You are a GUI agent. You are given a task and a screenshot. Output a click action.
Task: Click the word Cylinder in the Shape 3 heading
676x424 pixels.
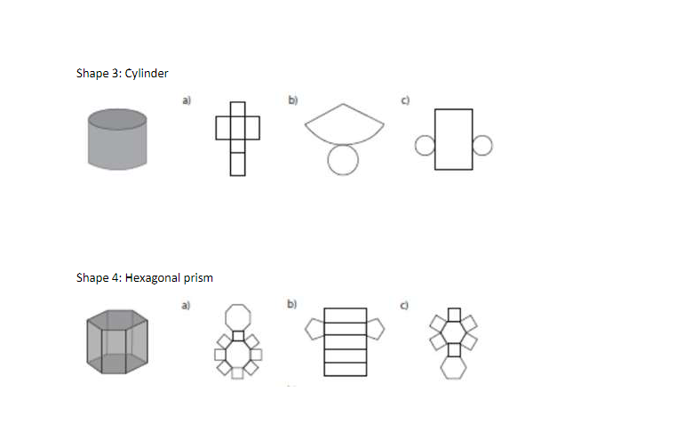[x=147, y=73]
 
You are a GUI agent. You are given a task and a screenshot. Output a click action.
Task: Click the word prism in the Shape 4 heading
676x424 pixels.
[x=198, y=278]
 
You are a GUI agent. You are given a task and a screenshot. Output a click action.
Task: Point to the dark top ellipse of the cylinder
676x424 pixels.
[x=116, y=116]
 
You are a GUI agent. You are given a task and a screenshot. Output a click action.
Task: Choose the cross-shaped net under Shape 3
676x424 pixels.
[x=237, y=137]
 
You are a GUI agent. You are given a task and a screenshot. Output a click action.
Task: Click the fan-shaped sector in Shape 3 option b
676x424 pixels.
[x=344, y=124]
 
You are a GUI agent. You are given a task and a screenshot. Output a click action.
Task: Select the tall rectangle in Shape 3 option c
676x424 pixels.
[x=453, y=140]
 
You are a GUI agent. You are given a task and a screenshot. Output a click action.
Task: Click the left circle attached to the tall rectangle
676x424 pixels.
[x=425, y=145]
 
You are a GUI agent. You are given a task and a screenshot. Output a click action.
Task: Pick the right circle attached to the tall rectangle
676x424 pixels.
[x=481, y=145]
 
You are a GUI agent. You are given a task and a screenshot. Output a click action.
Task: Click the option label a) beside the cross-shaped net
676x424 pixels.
[x=187, y=100]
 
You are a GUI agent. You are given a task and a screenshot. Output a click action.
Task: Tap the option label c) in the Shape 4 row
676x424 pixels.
[x=405, y=306]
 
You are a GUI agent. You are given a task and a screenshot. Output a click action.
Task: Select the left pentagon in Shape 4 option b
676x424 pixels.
[x=313, y=330]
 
